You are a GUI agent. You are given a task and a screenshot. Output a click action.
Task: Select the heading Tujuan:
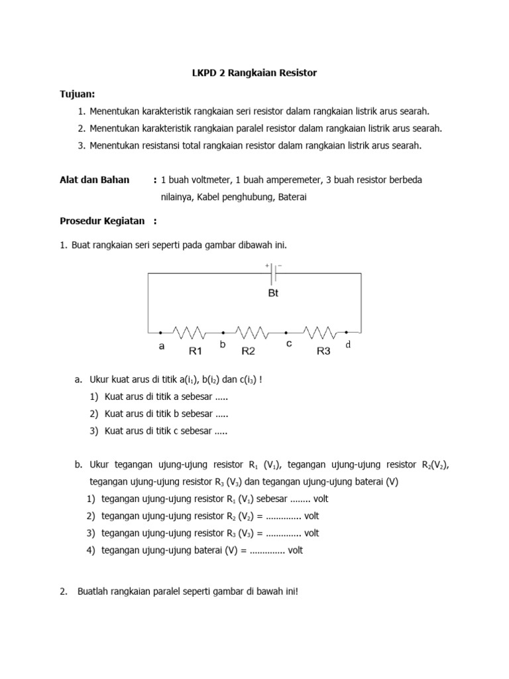78,94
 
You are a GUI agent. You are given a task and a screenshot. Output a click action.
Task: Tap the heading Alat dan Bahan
95,180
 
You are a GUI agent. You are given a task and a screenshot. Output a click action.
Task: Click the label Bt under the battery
273,292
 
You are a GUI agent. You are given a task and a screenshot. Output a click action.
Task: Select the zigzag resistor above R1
191,332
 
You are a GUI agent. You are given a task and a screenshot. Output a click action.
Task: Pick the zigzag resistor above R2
253,332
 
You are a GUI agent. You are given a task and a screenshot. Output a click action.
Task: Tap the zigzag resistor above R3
319,332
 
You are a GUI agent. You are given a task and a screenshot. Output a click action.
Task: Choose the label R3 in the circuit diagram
323,351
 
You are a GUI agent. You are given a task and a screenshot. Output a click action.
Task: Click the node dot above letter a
160,332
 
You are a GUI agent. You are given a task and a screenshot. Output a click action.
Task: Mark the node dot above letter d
346,332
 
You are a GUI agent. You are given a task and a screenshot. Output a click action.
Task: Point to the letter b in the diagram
223,345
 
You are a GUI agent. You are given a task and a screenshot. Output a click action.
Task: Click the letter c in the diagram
288,343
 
